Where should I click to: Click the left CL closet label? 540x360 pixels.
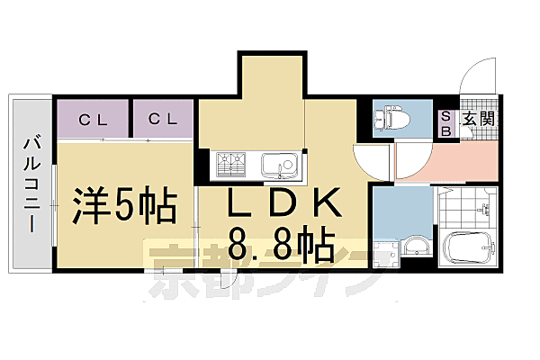(93, 121)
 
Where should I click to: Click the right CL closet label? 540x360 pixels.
(163, 119)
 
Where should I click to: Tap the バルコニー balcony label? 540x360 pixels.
(32, 185)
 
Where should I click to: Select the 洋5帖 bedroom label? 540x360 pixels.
(124, 206)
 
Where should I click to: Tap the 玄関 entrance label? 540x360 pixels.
(479, 119)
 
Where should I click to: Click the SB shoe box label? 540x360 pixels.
(446, 123)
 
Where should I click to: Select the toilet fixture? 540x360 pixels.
(391, 118)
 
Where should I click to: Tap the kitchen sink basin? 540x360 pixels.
(279, 165)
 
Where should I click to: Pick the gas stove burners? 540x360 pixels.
(230, 165)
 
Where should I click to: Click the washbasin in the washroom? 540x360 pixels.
(417, 246)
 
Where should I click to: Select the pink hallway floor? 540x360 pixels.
(446, 161)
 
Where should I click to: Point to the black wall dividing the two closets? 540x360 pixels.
(130, 118)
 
